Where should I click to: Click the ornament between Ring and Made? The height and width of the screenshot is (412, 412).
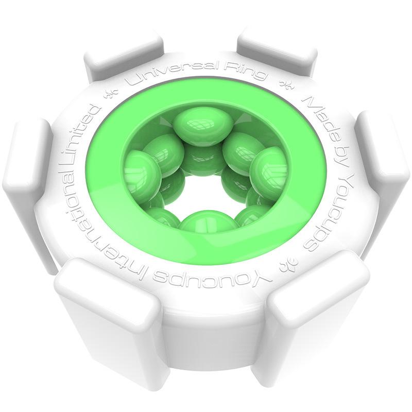pyautogui.click(x=283, y=84)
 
